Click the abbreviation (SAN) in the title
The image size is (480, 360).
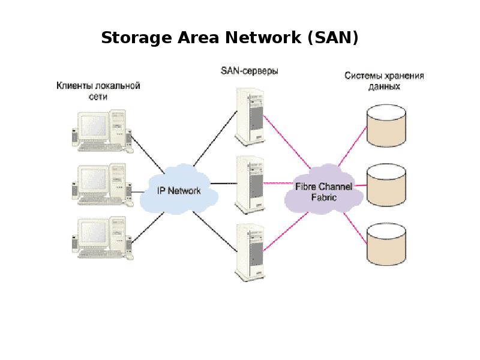click(332, 38)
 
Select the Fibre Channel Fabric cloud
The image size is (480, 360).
click(324, 191)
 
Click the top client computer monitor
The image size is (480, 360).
click(93, 125)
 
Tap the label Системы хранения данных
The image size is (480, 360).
click(384, 81)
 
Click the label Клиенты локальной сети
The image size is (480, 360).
click(98, 91)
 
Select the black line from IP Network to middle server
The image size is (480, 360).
click(223, 183)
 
